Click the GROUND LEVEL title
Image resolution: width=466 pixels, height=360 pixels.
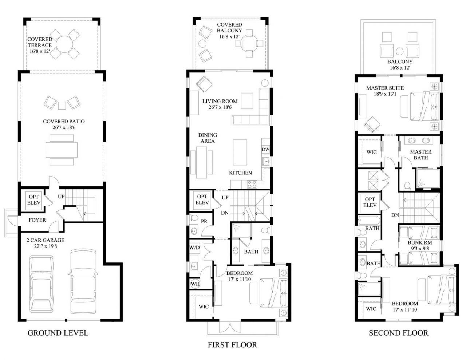coord(58,333)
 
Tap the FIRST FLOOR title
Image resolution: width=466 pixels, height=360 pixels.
coord(232,344)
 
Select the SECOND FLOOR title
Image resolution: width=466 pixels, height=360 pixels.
coord(398,333)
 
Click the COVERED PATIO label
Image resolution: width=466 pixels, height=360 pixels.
coord(64,122)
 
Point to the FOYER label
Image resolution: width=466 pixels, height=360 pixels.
coord(37,220)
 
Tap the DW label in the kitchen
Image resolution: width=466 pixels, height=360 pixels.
coord(265,149)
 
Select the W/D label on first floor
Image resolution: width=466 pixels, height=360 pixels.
coord(194,248)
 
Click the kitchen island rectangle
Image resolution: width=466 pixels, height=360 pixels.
coord(240,152)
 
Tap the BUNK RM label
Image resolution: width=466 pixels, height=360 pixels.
coord(420,242)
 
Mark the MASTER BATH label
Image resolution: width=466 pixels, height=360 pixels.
coord(420,155)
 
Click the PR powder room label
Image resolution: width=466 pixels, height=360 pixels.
coord(204,221)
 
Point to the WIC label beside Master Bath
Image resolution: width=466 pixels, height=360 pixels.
coord(371,152)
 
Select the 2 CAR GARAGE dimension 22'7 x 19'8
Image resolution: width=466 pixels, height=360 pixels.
coord(45,246)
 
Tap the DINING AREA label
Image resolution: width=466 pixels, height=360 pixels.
coord(208,138)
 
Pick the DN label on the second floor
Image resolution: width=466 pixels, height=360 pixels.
coord(395,215)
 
